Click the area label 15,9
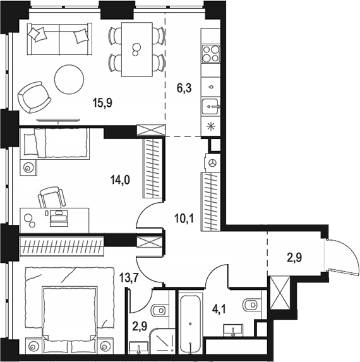pyautogui.click(x=102, y=103)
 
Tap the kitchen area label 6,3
pyautogui.click(x=184, y=88)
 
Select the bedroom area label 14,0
pyautogui.click(x=120, y=179)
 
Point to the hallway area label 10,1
pyautogui.click(x=184, y=218)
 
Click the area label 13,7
pyautogui.click(x=129, y=277)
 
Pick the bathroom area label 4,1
pyautogui.click(x=219, y=310)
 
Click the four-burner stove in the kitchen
pyautogui.click(x=210, y=54)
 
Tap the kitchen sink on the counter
pyautogui.click(x=210, y=106)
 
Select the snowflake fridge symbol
pyautogui.click(x=210, y=126)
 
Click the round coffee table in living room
pyautogui.click(x=69, y=79)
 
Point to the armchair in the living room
pyautogui.click(x=34, y=97)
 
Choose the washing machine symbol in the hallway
pyautogui.click(x=212, y=163)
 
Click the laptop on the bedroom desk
pyautogui.click(x=59, y=217)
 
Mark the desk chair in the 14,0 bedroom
pyautogui.click(x=51, y=197)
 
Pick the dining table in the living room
pyautogui.click(x=137, y=49)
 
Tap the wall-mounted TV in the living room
pyautogui.click(x=58, y=120)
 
